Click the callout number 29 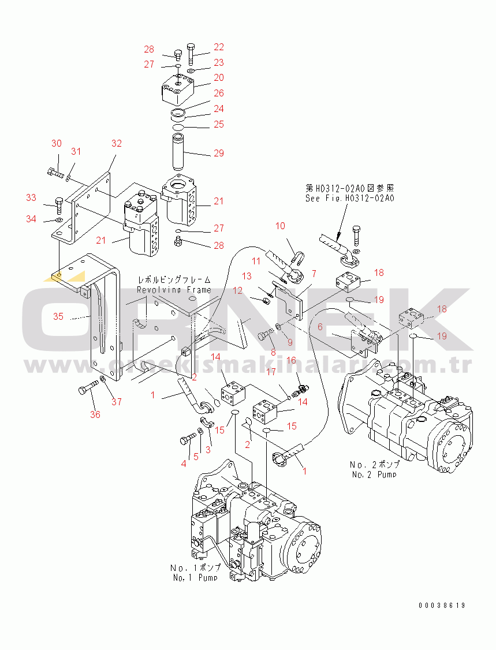click(x=218, y=153)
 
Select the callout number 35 click(x=58, y=316)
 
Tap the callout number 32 click(x=117, y=143)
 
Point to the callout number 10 click(x=280, y=226)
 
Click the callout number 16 click(x=291, y=360)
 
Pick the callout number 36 click(x=95, y=414)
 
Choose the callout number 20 click(x=218, y=77)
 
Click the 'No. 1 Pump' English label click(x=195, y=577)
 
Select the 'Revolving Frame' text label click(x=174, y=290)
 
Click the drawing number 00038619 click(x=442, y=606)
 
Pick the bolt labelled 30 click(x=53, y=170)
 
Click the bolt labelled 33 click(x=59, y=203)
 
